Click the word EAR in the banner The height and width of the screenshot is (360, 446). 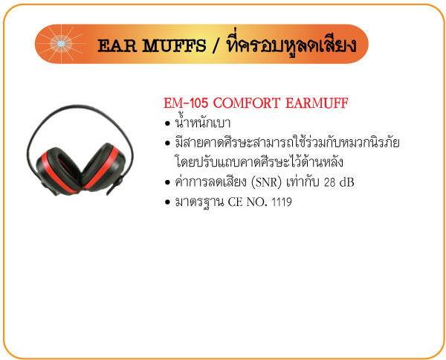coord(117,46)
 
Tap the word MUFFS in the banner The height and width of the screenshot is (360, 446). coord(174,46)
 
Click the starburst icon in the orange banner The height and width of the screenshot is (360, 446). coord(61,44)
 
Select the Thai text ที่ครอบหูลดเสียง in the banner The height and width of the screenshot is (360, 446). coord(291,45)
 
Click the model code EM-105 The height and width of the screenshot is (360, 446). coord(186,103)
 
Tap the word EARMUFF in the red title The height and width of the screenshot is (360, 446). coord(317,103)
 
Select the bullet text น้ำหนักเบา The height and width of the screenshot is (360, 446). coord(202,123)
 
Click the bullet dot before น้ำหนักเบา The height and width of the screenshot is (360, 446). coord(167,123)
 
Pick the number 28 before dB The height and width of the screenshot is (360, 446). coord(330,182)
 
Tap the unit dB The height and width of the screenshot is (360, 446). coord(347,182)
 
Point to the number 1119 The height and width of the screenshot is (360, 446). coord(282,202)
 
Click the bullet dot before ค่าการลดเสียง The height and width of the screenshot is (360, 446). coord(167,182)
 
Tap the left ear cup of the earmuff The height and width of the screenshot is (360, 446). coord(58,170)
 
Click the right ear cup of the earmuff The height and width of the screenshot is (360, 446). coord(103,167)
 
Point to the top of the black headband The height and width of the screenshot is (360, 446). coord(80,106)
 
